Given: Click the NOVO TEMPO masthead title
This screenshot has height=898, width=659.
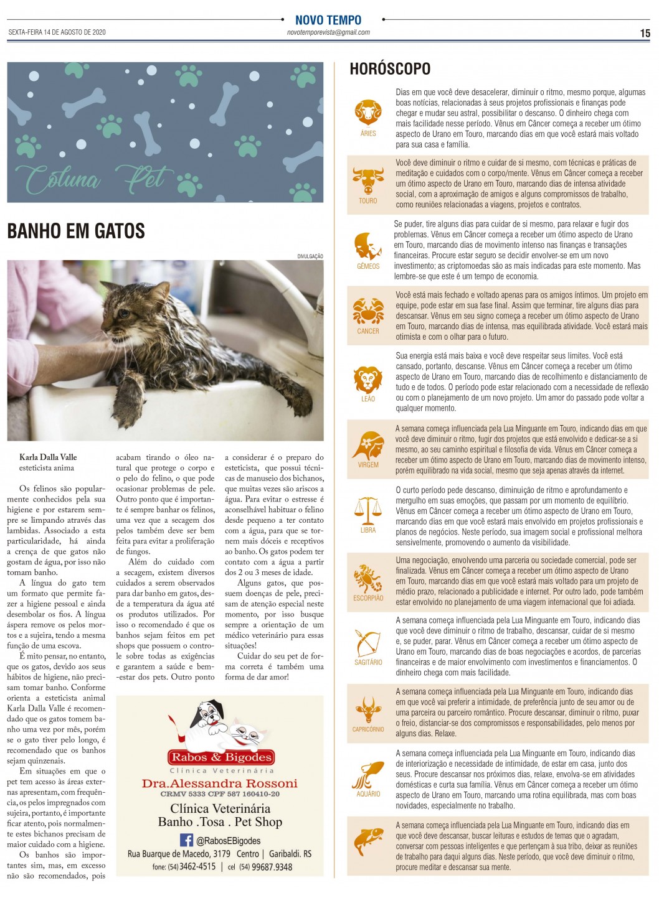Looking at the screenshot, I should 328,20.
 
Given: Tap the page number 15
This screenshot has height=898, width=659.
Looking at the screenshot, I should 645,34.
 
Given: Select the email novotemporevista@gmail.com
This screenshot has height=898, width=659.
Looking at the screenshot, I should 328,32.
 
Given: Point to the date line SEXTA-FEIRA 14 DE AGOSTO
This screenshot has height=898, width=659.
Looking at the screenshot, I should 57,32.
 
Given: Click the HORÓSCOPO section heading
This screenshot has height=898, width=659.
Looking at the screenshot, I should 390,68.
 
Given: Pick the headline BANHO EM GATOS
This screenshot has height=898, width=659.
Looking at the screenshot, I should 76,232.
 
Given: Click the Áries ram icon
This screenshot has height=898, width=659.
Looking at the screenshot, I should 368,113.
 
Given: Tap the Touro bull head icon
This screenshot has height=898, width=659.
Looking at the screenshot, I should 368,180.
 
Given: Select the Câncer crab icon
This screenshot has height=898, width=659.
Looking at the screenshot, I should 368,311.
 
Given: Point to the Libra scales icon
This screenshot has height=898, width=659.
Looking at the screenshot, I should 368,510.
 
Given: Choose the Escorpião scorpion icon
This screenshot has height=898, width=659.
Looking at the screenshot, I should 368,578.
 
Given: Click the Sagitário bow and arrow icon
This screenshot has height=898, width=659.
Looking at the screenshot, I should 368,643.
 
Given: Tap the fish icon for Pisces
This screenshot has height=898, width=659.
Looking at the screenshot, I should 368,840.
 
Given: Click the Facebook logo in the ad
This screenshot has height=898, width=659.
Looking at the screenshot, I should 186,840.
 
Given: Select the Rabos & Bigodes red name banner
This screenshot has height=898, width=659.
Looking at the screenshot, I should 221,757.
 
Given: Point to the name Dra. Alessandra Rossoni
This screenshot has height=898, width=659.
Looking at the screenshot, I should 220,783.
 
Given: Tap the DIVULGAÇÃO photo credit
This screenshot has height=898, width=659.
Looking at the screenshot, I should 310,256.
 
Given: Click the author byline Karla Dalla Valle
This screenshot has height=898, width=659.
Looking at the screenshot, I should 48,457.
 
